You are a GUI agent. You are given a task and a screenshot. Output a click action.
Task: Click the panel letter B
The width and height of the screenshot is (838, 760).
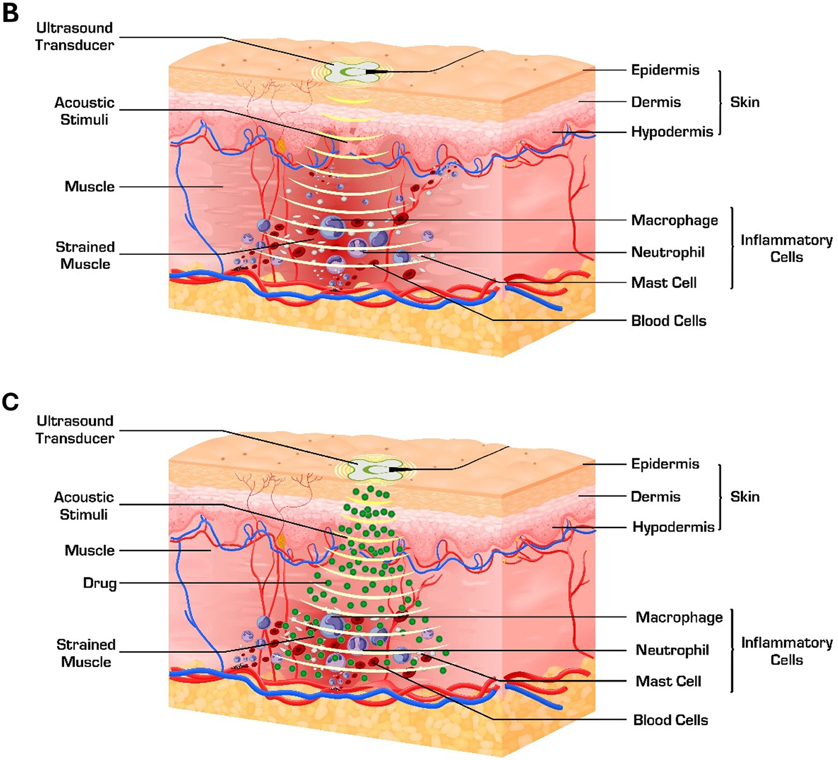tap(11, 13)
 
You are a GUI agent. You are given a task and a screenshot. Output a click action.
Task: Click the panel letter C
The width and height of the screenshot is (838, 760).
tap(11, 402)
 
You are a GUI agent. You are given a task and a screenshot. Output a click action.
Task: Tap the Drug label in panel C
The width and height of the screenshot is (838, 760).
tap(99, 583)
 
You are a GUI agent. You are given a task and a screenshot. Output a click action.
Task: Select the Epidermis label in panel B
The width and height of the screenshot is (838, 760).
tap(665, 70)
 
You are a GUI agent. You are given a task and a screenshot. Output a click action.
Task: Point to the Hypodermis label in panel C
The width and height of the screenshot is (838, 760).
tap(673, 527)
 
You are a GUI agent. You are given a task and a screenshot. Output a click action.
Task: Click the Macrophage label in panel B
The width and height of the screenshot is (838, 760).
tap(674, 220)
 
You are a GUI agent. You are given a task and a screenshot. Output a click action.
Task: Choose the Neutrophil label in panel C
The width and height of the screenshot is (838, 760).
tap(672, 650)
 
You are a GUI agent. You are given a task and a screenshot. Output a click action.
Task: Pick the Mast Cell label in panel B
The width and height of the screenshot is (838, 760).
tap(664, 283)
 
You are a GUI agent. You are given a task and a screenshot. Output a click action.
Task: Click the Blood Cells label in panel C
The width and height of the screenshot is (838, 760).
tap(670, 720)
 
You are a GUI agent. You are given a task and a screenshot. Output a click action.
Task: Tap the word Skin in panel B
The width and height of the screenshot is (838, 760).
tap(745, 102)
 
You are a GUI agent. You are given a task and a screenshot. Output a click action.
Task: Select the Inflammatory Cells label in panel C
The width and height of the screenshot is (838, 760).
tap(787, 651)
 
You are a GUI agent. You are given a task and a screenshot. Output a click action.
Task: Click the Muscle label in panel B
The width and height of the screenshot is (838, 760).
tap(89, 187)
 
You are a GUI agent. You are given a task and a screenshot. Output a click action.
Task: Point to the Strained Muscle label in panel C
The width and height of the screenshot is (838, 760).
tap(86, 653)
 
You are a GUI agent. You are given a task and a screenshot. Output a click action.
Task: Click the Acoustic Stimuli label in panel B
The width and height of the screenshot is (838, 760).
tap(84, 111)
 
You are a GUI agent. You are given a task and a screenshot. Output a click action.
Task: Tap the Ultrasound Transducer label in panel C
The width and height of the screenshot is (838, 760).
tap(75, 430)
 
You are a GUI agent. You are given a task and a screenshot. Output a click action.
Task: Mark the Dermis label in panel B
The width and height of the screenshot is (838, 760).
tap(656, 102)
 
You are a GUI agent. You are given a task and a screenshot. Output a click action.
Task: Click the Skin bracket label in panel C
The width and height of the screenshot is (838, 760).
tap(745, 496)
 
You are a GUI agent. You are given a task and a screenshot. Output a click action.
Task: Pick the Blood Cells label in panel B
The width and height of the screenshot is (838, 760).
tap(669, 321)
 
